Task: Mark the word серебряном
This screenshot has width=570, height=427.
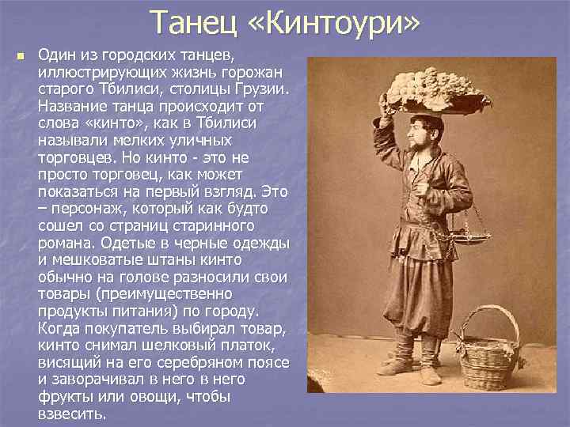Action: [x=207, y=362]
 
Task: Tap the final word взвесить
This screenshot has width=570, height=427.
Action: [x=70, y=413]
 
